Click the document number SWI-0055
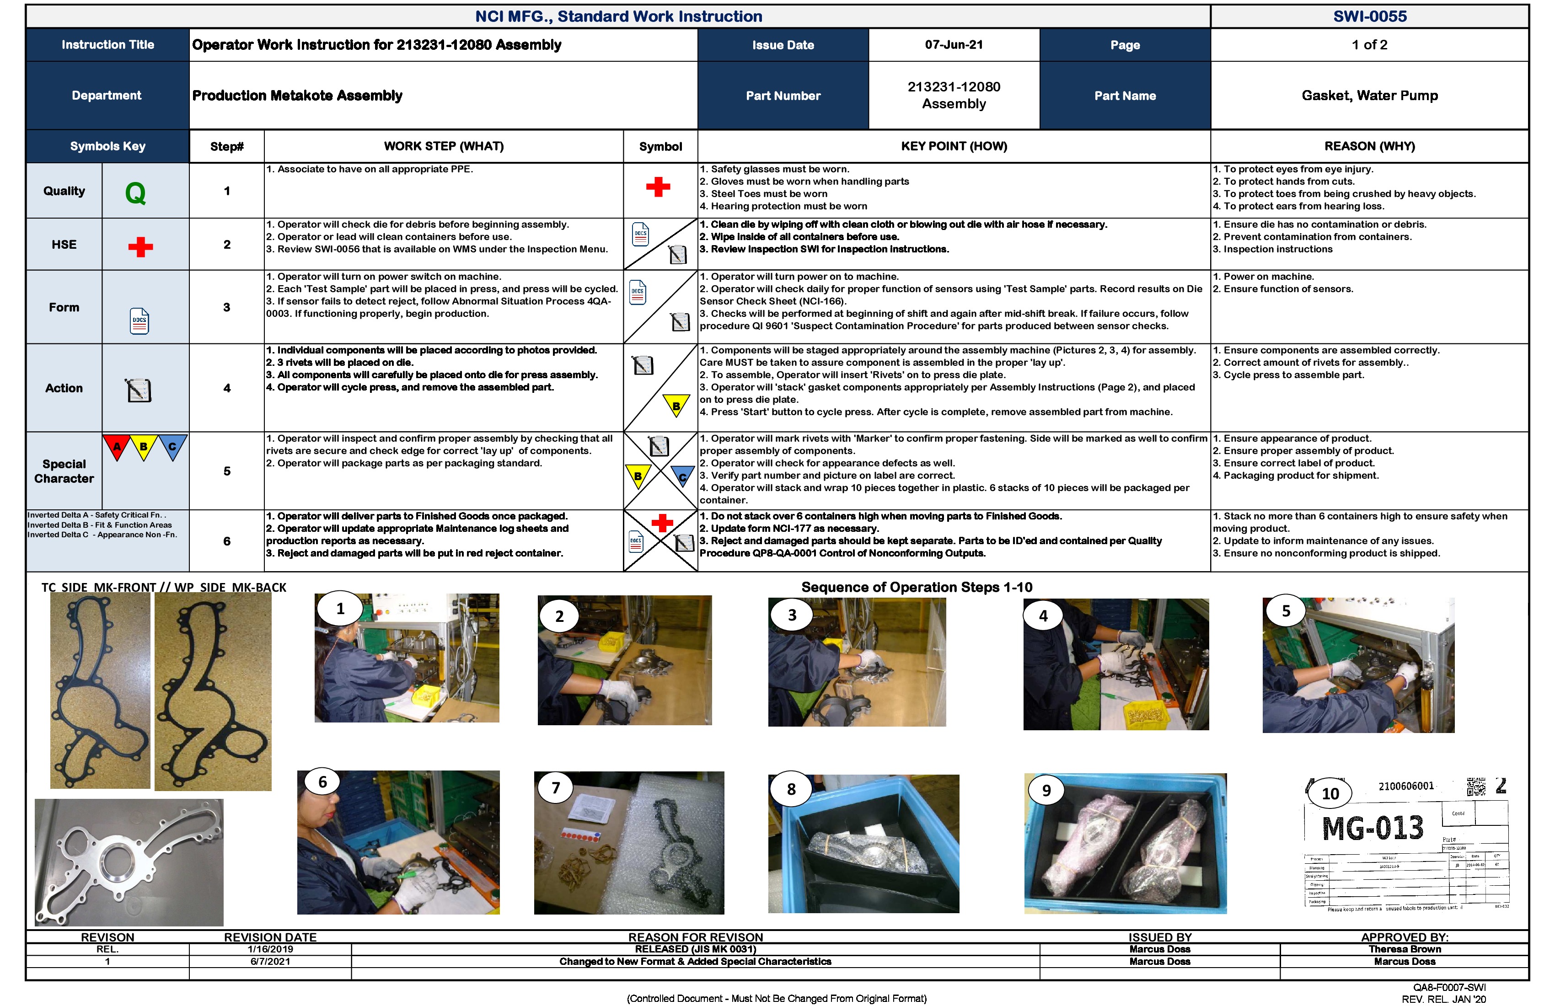click(1369, 16)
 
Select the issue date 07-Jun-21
click(953, 44)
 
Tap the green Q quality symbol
click(135, 193)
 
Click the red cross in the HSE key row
click(140, 247)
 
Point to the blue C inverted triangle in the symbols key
click(172, 446)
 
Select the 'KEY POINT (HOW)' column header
click(953, 146)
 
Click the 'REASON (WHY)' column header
click(1369, 146)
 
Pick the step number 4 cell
click(227, 388)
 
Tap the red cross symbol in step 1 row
click(658, 187)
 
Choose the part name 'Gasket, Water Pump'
click(1369, 96)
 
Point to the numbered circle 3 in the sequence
click(792, 615)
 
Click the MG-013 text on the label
click(1372, 828)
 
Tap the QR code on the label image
click(1476, 787)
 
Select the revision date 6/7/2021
click(270, 962)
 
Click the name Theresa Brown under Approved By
click(1405, 949)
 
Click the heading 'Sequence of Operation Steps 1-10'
click(916, 587)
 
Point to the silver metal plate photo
click(129, 862)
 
